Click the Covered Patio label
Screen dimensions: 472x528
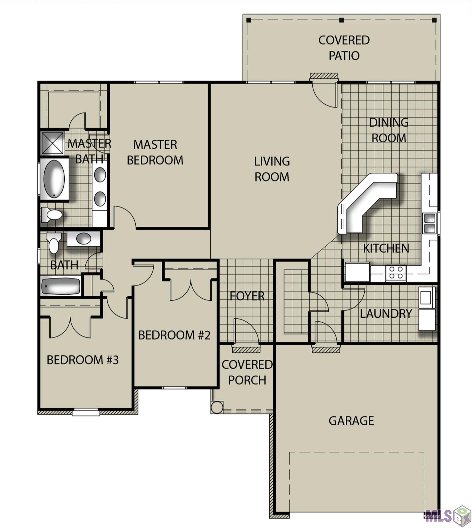click(x=344, y=48)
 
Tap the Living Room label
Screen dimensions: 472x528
click(x=272, y=169)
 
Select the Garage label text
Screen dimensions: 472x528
click(x=351, y=421)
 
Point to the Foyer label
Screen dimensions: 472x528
click(x=247, y=296)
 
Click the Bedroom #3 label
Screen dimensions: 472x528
click(x=83, y=360)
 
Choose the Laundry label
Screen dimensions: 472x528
click(x=386, y=314)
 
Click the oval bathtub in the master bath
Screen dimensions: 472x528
click(x=54, y=179)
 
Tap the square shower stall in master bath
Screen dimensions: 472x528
click(x=52, y=143)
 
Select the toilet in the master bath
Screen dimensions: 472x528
click(x=52, y=215)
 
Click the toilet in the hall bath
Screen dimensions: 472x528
click(x=54, y=243)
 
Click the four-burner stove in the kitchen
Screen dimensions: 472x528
click(x=396, y=272)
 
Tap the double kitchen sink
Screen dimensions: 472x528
click(x=429, y=223)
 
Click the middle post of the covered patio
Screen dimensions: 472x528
click(x=342, y=20)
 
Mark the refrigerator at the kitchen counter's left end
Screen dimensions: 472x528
click(x=357, y=272)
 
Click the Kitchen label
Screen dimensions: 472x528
click(x=386, y=249)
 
